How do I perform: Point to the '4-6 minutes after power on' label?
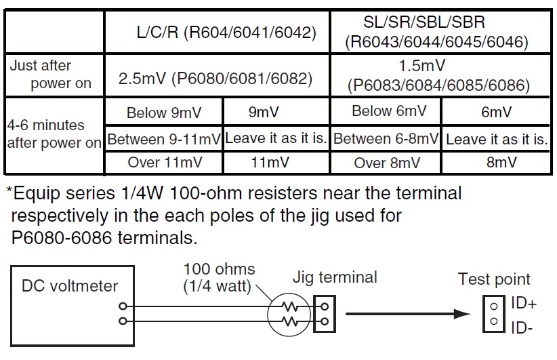[52, 135]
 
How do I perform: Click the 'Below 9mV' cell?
[164, 113]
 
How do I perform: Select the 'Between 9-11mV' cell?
[164, 140]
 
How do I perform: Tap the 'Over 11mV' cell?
[164, 163]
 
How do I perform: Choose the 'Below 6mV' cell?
[386, 112]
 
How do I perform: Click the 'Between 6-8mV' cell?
[386, 140]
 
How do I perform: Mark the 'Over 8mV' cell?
[386, 163]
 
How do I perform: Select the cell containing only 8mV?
[497, 163]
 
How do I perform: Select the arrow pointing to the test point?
[407, 314]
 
